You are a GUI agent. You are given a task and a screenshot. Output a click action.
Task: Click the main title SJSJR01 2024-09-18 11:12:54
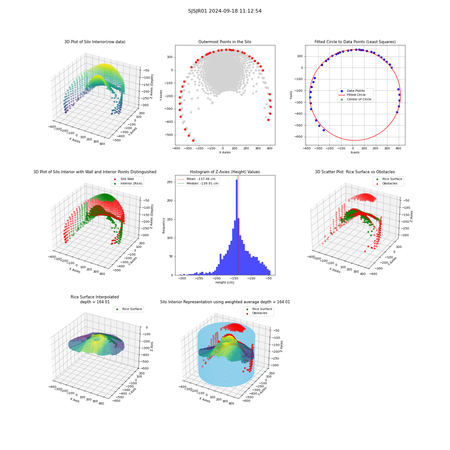pos(225,11)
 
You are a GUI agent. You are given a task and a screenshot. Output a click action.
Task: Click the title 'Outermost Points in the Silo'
pos(225,42)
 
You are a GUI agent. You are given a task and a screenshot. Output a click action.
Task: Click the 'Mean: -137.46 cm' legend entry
pos(197,179)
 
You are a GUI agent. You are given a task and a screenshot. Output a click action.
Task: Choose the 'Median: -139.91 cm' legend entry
pos(198,184)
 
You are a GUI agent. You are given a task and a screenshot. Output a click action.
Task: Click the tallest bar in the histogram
pos(237,227)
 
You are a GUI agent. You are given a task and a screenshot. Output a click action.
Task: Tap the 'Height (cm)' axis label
pos(225,283)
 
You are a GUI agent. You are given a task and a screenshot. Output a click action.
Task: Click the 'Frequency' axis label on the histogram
pos(164,225)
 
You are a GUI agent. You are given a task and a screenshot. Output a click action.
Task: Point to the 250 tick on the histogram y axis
pos(170,182)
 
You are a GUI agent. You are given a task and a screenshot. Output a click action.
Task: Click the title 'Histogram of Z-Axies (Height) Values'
pos(225,172)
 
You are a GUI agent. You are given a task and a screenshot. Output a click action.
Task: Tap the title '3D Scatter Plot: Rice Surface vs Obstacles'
pos(355,172)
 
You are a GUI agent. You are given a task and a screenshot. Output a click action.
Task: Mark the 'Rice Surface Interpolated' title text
pos(94,297)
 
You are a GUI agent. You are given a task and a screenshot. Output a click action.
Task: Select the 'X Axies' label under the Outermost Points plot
pos(225,153)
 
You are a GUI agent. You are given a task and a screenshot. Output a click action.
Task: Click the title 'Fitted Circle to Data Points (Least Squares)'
pos(355,42)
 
